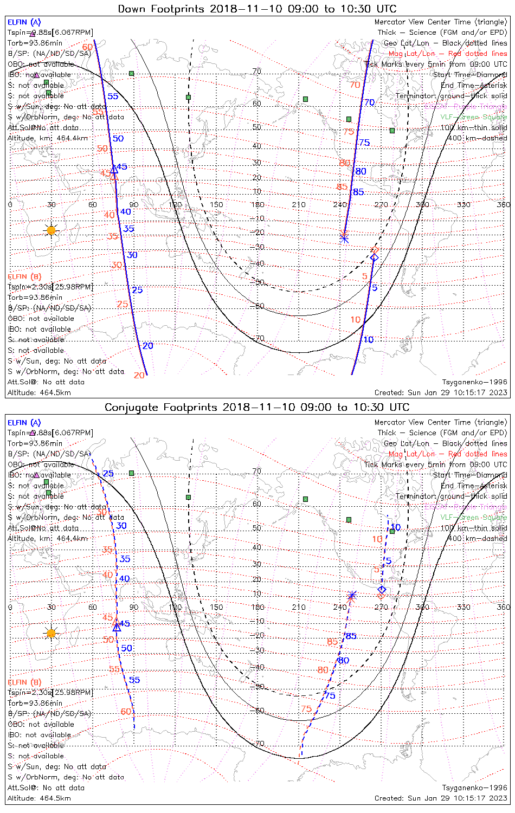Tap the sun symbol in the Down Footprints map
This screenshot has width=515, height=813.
[x=51, y=230]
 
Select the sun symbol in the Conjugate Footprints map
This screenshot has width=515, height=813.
[x=51, y=633]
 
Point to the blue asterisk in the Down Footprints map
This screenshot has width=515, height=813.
[x=344, y=237]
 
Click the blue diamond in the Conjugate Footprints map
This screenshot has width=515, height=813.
[x=382, y=589]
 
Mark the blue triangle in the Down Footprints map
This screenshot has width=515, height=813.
[x=114, y=170]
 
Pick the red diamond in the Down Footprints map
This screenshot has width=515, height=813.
[x=374, y=250]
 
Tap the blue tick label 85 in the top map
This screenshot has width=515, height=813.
[x=358, y=192]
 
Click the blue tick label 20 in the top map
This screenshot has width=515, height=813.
[x=148, y=345]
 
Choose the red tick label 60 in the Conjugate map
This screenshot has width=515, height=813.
[x=126, y=711]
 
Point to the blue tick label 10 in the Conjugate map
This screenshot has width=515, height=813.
[x=396, y=527]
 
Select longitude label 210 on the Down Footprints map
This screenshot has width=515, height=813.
[x=299, y=204]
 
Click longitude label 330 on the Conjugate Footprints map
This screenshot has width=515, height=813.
[x=463, y=606]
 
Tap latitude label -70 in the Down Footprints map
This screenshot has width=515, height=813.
[x=259, y=338]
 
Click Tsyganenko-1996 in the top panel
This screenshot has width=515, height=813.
[x=475, y=382]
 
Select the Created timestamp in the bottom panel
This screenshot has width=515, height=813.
[x=441, y=798]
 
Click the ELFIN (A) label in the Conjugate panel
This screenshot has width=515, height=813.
[x=24, y=422]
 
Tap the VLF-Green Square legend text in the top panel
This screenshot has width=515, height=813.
[x=473, y=117]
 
